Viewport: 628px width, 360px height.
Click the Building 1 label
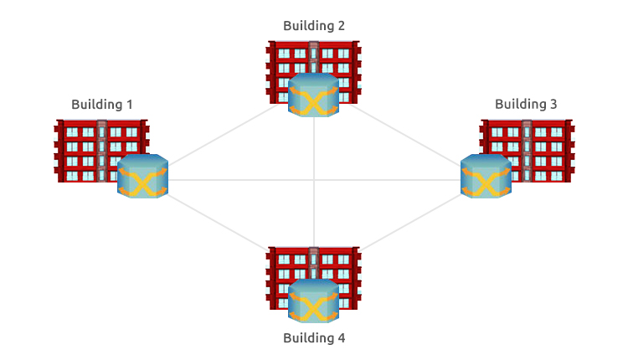click(102, 105)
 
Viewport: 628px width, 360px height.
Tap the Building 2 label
click(314, 25)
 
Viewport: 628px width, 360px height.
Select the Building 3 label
click(526, 105)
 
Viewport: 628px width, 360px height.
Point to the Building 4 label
click(314, 338)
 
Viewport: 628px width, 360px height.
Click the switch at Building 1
click(142, 177)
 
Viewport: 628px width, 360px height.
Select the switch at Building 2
click(313, 95)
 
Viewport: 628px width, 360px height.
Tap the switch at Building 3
click(486, 177)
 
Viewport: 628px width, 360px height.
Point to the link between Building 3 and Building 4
click(402, 224)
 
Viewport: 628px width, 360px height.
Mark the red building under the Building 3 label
click(544, 142)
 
